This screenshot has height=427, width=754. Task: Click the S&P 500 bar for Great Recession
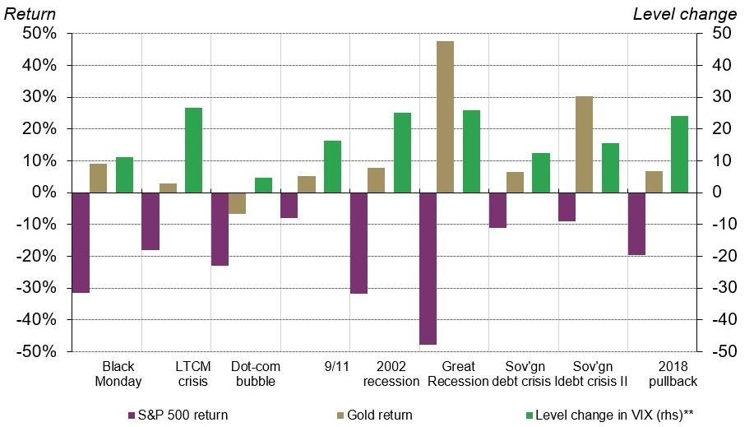[428, 268]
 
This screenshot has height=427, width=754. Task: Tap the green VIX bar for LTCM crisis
[193, 151]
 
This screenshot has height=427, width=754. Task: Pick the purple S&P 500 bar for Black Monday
[80, 243]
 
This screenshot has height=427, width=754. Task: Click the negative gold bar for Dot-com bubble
[237, 203]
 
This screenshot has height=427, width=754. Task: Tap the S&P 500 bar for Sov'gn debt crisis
[497, 210]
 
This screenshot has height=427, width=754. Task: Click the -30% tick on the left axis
[37, 288]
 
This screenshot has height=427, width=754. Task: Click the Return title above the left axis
[31, 14]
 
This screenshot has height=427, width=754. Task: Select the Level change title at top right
[684, 14]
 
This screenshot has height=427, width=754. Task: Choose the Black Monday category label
[118, 374]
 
